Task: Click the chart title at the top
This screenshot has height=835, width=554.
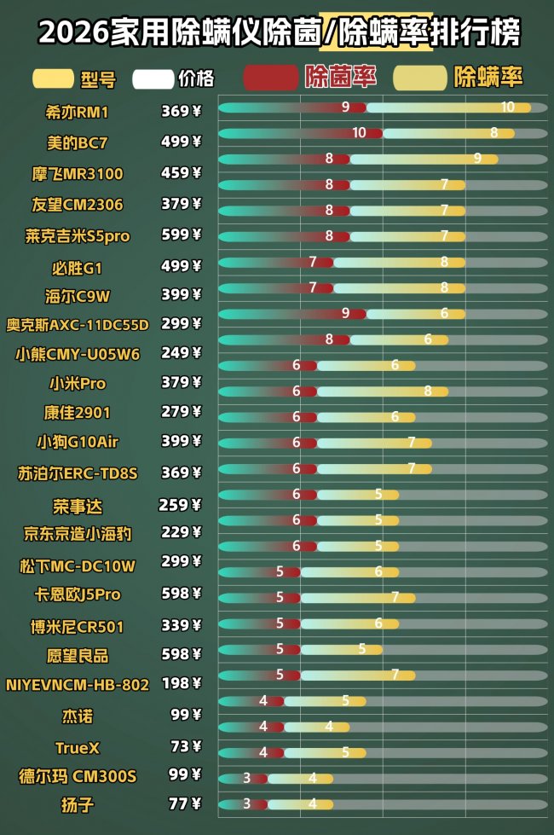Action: pyautogui.click(x=278, y=33)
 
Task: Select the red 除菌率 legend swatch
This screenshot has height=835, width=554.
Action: pyautogui.click(x=270, y=78)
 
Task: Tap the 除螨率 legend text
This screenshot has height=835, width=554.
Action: pyautogui.click(x=488, y=78)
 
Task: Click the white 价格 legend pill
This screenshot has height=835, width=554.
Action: pyautogui.click(x=153, y=79)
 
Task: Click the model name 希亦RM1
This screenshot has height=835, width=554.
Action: pyautogui.click(x=77, y=112)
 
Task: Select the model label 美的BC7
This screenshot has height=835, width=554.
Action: pyautogui.click(x=77, y=142)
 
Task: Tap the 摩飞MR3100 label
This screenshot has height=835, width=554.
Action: pyautogui.click(x=77, y=174)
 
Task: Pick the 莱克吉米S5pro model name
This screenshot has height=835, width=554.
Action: pyautogui.click(x=77, y=236)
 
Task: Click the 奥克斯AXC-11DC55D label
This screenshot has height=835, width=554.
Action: pyautogui.click(x=77, y=324)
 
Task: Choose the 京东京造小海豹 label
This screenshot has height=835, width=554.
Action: pyautogui.click(x=77, y=534)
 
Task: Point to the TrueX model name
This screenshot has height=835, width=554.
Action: pyautogui.click(x=77, y=748)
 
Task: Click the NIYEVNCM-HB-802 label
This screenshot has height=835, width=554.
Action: pyautogui.click(x=77, y=685)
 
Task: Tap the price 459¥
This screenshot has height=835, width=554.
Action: pyautogui.click(x=181, y=173)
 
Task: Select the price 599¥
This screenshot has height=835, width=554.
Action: pyautogui.click(x=181, y=235)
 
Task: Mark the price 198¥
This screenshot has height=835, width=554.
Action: pyautogui.click(x=181, y=683)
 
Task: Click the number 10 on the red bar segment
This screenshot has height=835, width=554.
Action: pyautogui.click(x=359, y=133)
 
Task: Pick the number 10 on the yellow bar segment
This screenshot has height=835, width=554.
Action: pyautogui.click(x=508, y=107)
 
